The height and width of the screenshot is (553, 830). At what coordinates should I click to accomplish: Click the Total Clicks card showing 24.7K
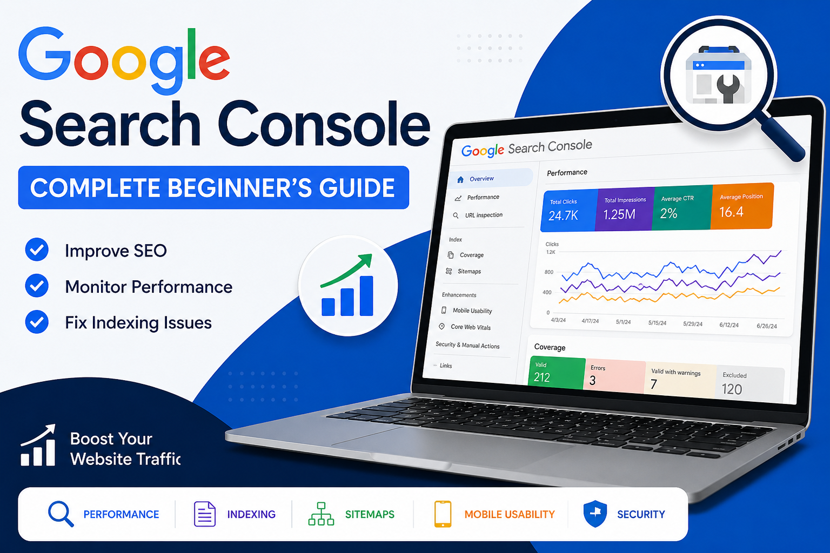[x=569, y=211]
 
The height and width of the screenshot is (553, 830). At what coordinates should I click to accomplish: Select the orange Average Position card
[x=742, y=206]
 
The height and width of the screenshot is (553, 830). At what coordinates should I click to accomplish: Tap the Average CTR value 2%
[x=669, y=213]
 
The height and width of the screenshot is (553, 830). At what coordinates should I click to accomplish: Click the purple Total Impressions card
[x=625, y=210]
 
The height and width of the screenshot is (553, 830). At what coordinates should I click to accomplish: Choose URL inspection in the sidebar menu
[x=484, y=215]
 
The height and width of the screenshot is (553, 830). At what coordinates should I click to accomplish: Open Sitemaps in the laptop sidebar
[x=469, y=271]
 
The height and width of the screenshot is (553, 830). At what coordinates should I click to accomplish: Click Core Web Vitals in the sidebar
[x=471, y=327]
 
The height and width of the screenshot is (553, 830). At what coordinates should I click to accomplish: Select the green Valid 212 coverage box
[x=557, y=373]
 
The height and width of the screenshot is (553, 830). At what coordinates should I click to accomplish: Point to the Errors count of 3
[x=592, y=380]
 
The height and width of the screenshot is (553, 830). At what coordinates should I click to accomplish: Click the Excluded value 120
[x=732, y=389]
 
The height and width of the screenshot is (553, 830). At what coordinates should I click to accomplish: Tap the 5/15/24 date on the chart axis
[x=657, y=322]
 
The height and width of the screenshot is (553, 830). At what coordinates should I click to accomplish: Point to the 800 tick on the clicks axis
[x=549, y=272]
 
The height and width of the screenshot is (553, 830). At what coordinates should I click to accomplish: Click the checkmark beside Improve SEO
[x=37, y=249]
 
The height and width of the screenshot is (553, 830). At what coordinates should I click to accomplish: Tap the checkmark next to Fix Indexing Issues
[x=37, y=321]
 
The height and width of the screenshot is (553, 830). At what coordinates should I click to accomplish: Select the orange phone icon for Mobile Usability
[x=443, y=514]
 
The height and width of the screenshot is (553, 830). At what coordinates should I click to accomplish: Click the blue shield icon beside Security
[x=595, y=514]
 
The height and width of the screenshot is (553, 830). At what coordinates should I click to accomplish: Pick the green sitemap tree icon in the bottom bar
[x=321, y=514]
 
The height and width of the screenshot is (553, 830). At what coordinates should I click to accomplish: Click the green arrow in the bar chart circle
[x=346, y=271]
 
